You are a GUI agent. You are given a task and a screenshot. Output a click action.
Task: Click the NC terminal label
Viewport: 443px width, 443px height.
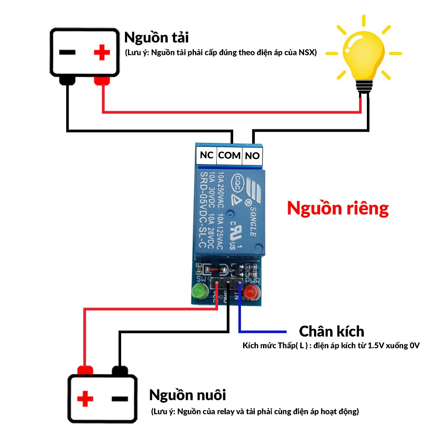click(206, 155)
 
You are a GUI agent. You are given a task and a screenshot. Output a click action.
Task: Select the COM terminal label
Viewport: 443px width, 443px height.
click(229, 155)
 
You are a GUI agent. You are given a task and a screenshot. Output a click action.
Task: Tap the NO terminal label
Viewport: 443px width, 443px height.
click(252, 155)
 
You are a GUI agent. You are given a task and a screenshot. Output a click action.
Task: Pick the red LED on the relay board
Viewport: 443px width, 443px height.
click(251, 292)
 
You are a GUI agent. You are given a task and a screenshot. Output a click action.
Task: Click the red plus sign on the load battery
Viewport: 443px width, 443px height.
click(102, 53)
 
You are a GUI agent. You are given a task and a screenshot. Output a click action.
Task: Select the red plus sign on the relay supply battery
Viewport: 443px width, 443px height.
click(85, 398)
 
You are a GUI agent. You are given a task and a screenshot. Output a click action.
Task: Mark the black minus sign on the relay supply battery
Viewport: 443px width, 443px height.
click(119, 398)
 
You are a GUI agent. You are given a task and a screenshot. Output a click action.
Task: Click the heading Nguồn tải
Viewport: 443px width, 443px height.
click(157, 38)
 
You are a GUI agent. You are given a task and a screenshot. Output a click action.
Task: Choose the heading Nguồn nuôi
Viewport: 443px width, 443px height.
click(187, 395)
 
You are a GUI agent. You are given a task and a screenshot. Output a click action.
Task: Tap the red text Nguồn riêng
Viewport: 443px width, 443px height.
click(338, 208)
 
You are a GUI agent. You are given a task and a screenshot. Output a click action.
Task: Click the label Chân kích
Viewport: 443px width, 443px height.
click(331, 331)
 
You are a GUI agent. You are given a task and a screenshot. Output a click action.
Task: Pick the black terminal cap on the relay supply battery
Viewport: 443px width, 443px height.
click(120, 370)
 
